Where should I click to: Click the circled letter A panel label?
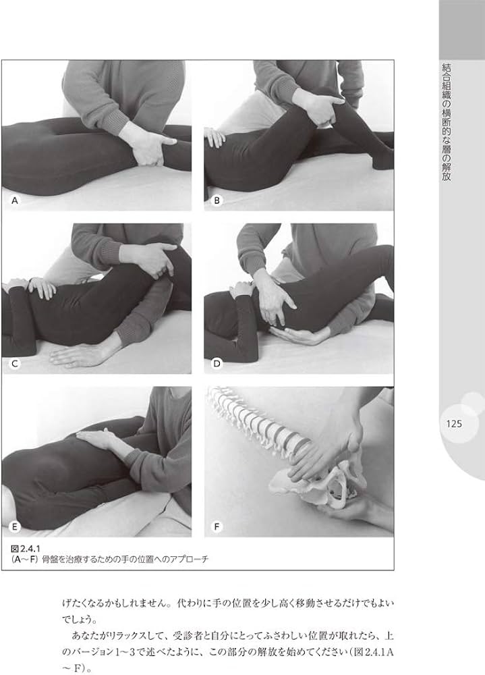point(15,200)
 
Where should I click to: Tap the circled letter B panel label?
point(217,200)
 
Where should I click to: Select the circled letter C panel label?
point(15,364)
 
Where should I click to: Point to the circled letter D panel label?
point(217,364)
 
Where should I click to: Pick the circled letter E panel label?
point(15,527)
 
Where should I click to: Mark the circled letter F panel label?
point(217,527)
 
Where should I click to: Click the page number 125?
point(454,424)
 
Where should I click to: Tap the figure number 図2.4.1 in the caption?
point(26,549)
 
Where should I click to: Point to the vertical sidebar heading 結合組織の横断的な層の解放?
point(447,122)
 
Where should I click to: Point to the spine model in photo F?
point(258,424)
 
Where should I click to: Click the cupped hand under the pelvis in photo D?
point(297,335)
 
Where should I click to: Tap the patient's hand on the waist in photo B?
point(215,137)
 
